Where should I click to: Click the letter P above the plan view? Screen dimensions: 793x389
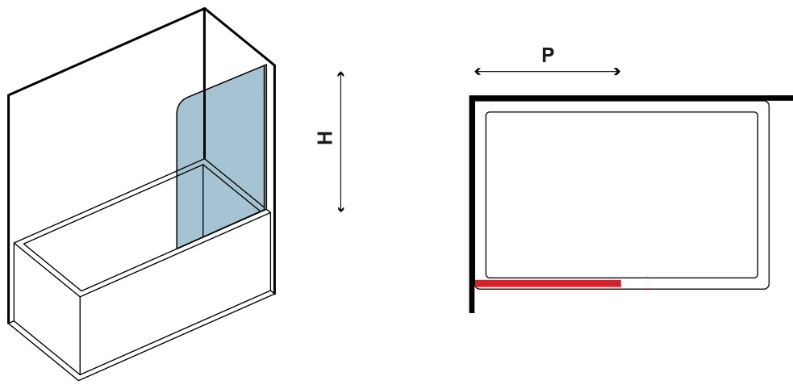click(x=547, y=55)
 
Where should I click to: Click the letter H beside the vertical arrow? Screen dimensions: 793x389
click(x=324, y=137)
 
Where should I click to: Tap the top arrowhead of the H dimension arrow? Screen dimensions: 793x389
click(x=341, y=74)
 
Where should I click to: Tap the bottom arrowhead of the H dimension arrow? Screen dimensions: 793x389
click(x=341, y=209)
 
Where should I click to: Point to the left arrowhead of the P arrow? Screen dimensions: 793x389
click(x=477, y=72)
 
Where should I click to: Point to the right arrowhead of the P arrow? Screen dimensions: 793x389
click(x=617, y=72)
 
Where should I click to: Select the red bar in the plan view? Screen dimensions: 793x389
click(x=549, y=283)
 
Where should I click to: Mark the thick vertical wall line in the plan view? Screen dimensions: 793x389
click(x=472, y=204)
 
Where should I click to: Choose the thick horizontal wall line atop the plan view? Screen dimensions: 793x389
click(x=631, y=98)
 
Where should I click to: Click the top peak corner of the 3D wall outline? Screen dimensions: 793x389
click(x=204, y=8)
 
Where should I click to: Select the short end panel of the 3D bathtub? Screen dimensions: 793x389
click(x=47, y=308)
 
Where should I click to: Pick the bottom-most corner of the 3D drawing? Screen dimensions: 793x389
click(x=79, y=380)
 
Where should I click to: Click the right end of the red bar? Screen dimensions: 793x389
click(x=620, y=283)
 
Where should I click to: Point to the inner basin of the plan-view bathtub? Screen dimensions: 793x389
click(x=621, y=194)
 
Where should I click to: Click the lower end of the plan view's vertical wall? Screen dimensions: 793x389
click(x=472, y=312)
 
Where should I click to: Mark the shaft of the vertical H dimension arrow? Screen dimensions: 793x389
click(x=341, y=142)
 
